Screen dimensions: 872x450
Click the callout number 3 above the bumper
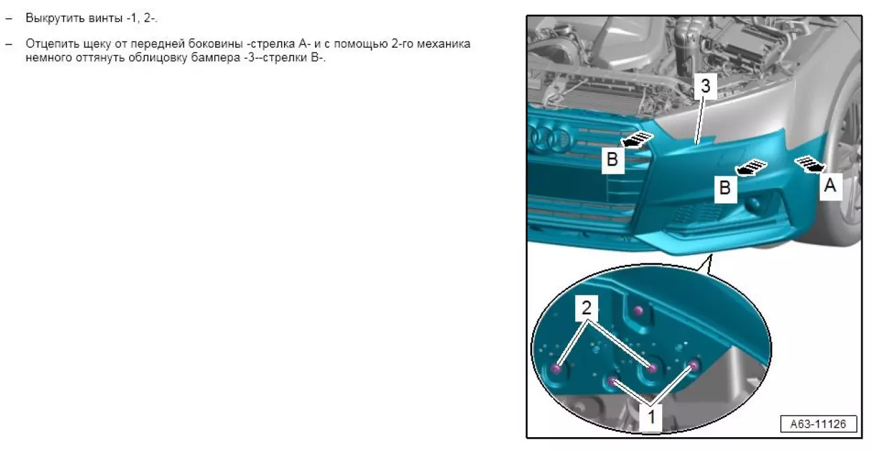(705, 85)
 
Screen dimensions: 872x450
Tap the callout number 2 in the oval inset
(586, 307)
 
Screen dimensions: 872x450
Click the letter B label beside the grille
(612, 159)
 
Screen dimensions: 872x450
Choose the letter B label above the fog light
(725, 188)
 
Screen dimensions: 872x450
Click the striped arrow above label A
(809, 164)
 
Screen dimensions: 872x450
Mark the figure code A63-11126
(818, 424)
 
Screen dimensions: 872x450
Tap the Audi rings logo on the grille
(549, 137)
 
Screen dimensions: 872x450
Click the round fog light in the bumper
(754, 204)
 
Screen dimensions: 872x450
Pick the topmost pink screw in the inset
(639, 311)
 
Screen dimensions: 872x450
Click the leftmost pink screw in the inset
(557, 369)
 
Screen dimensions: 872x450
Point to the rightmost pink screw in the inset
(694, 365)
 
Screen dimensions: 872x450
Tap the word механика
(443, 44)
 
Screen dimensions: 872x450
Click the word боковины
(215, 44)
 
